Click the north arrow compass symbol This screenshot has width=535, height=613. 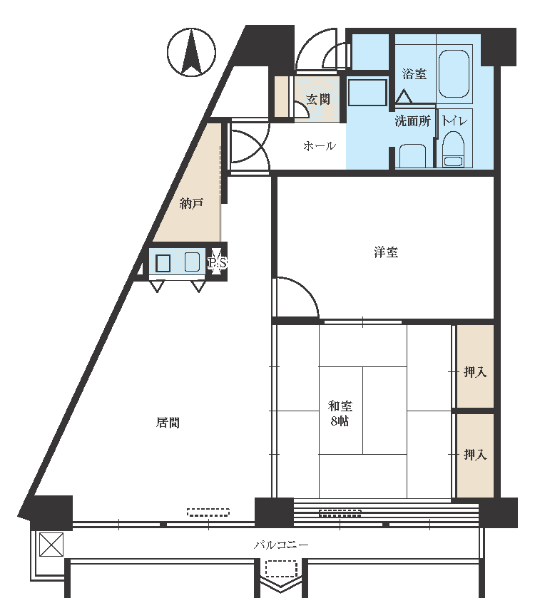(191, 52)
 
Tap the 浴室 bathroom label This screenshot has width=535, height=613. (414, 73)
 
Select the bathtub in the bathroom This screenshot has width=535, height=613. (454, 73)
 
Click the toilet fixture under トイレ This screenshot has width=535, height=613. (453, 149)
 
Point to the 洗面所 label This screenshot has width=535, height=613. (412, 120)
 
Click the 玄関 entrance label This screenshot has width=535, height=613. (318, 99)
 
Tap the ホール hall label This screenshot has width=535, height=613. (320, 146)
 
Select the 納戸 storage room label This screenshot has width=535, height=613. (191, 203)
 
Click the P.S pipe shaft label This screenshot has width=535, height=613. (217, 263)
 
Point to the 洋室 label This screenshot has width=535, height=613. (386, 252)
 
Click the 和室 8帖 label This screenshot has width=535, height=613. (340, 413)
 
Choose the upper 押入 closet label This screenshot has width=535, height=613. (475, 371)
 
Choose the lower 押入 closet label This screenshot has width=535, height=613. (475, 454)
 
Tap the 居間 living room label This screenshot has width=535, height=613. (168, 423)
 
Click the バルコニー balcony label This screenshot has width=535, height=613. (281, 545)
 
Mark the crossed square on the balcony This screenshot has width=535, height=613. (51, 544)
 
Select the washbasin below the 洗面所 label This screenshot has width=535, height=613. (412, 156)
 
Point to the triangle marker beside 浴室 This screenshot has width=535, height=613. (404, 96)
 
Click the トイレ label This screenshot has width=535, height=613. (454, 120)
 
